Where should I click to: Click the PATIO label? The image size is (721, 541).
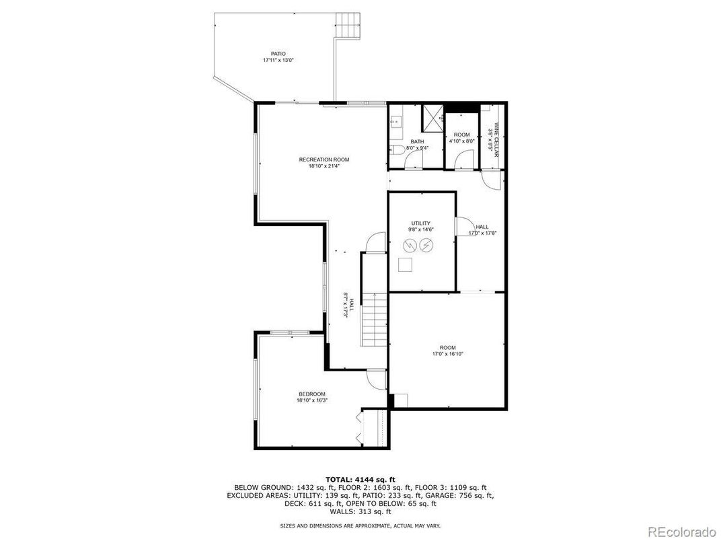point(278,53)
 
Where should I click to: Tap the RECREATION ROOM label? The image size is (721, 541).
point(324,159)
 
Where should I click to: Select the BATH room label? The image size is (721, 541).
point(417,141)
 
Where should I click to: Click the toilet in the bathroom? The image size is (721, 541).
point(397,150)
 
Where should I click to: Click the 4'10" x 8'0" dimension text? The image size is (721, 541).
point(462,141)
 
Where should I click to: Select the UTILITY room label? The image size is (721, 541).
point(421,223)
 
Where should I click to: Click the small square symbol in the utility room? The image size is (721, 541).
point(405,264)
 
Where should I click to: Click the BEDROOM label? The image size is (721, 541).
point(312,394)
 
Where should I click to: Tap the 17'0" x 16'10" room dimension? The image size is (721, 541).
point(448,354)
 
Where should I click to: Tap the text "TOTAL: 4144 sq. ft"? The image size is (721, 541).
point(360,479)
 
